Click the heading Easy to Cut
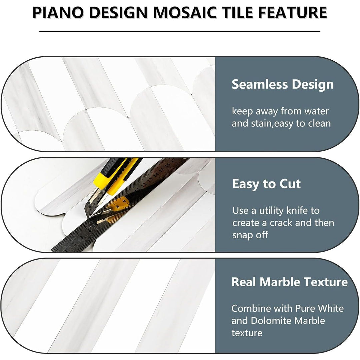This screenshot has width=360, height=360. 266,184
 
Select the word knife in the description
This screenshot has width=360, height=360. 304,211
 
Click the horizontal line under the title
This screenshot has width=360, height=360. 180,31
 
